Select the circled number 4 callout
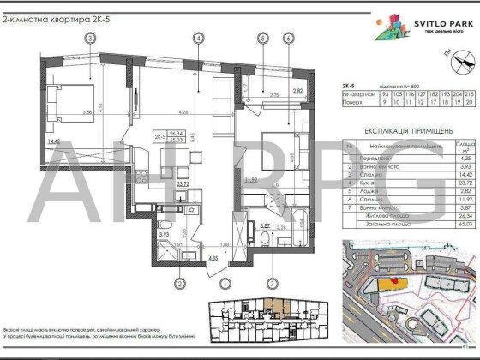(198, 38)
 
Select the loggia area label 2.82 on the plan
(298, 90)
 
